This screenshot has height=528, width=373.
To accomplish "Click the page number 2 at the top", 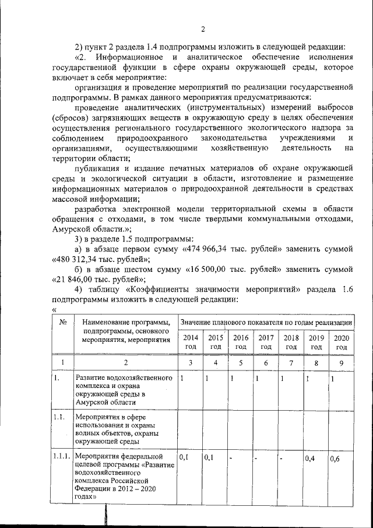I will [203, 30].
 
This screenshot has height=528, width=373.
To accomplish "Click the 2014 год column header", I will [190, 342].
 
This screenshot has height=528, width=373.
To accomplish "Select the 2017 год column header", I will [266, 342].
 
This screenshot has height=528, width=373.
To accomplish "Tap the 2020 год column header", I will [342, 342].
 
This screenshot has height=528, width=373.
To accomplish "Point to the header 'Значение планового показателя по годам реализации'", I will [266, 322].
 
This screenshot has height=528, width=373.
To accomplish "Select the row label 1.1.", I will [57, 418].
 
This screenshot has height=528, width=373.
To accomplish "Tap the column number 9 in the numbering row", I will [342, 362].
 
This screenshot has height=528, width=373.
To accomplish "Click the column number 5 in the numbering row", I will [241, 362].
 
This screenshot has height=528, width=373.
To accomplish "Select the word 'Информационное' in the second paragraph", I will [128, 58].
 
